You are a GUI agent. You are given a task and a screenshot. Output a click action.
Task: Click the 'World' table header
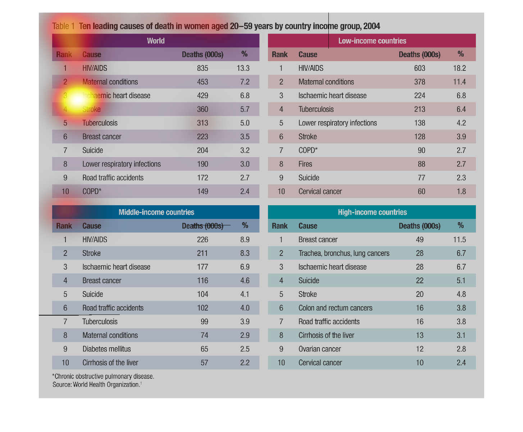pos(155,41)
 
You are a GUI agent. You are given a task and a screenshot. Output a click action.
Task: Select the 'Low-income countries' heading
pos(372,41)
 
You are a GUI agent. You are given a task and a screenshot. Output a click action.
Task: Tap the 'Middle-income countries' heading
pos(156,212)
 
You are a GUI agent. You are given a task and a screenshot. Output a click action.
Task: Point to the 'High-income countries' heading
pos(372,212)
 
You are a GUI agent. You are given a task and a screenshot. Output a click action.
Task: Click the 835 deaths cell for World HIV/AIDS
pos(203,68)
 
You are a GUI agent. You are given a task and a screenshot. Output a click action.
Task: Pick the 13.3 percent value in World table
pos(243,68)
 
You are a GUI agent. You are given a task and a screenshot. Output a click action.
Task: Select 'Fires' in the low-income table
pos(305,164)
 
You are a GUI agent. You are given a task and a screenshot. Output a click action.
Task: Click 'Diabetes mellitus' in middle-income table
pos(106,349)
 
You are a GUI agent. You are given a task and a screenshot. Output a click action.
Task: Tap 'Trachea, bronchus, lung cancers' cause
pos(344,253)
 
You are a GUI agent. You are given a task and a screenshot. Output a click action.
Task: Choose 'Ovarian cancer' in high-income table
pos(319,349)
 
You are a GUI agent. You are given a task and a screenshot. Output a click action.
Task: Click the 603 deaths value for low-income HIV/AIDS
pos(419,68)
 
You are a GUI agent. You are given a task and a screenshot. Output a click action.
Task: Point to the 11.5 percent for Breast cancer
pos(459,239)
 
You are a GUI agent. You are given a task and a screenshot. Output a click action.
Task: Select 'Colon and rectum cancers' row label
pos(335,308)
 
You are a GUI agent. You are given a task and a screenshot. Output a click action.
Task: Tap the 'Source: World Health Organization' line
pos(97,385)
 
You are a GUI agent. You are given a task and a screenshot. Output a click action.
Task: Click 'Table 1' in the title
pos(63,26)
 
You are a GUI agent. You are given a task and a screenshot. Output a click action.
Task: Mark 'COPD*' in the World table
pos(92,192)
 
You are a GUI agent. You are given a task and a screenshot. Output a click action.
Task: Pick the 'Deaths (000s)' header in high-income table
pos(419,226)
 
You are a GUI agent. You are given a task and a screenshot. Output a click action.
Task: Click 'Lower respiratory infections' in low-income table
pos(337,123)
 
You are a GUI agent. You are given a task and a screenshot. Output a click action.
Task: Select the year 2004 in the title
pos(372,26)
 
